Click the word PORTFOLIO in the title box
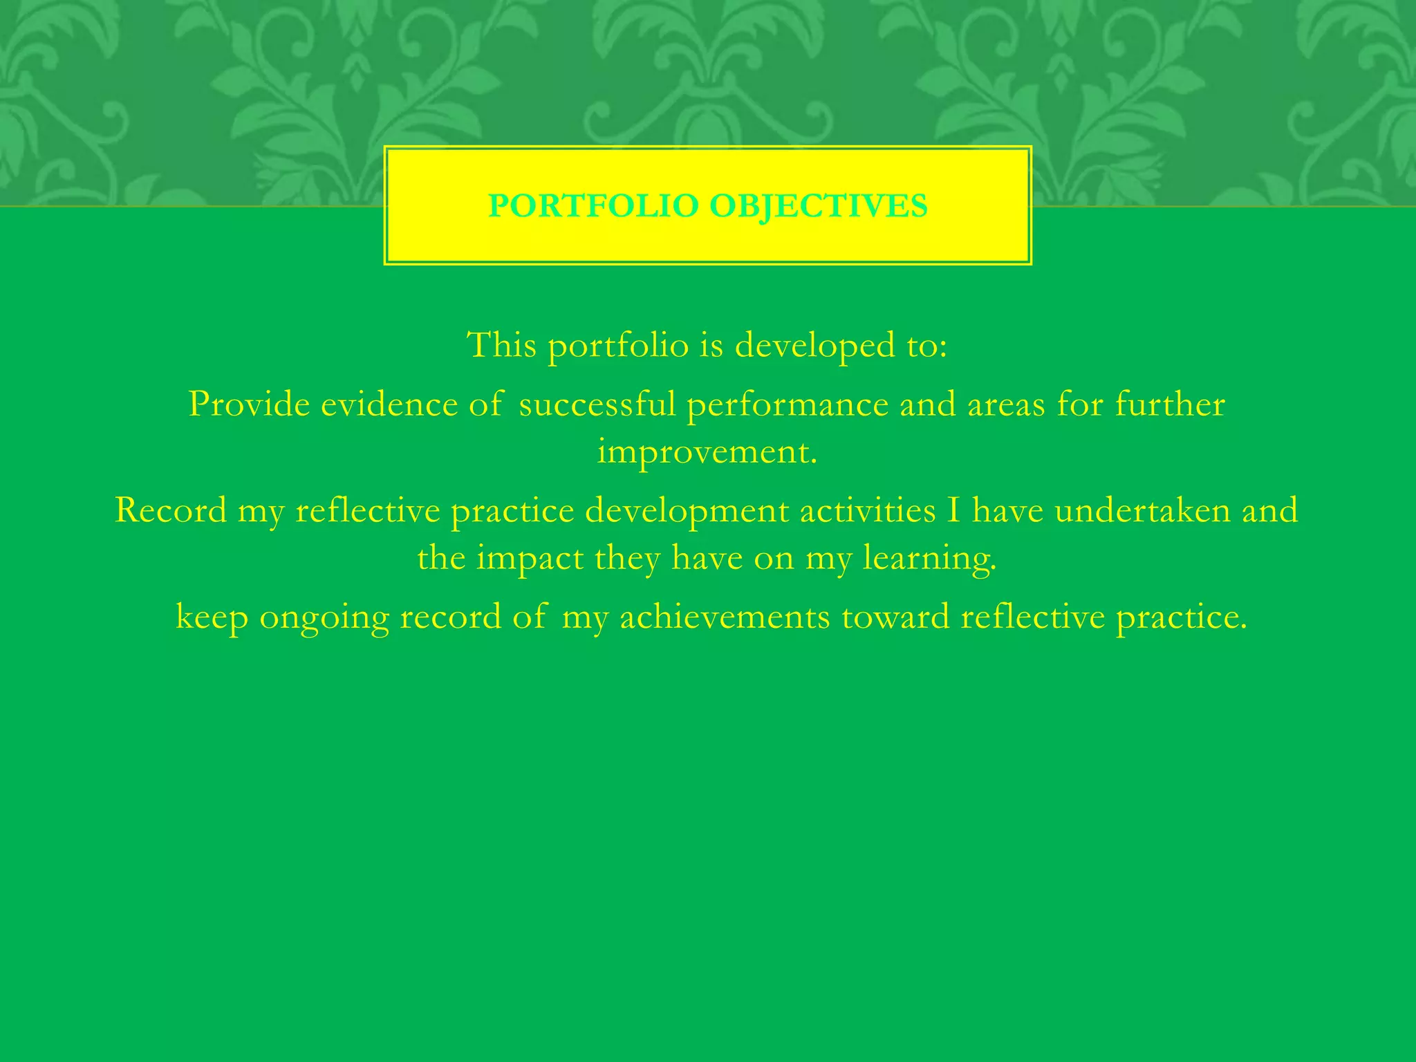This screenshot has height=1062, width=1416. (x=593, y=206)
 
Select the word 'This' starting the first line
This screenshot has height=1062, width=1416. (x=501, y=344)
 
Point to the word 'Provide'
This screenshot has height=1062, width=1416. (x=249, y=404)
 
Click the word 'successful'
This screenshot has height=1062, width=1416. (x=597, y=404)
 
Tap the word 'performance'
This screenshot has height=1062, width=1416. (x=787, y=405)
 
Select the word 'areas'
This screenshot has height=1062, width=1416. (x=1005, y=405)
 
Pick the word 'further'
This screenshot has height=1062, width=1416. (x=1170, y=404)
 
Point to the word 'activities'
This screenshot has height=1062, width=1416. (x=867, y=510)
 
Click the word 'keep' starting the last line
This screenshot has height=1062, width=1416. (x=212, y=617)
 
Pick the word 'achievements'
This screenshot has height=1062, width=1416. (x=725, y=617)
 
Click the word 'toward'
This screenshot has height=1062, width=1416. (x=895, y=617)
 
